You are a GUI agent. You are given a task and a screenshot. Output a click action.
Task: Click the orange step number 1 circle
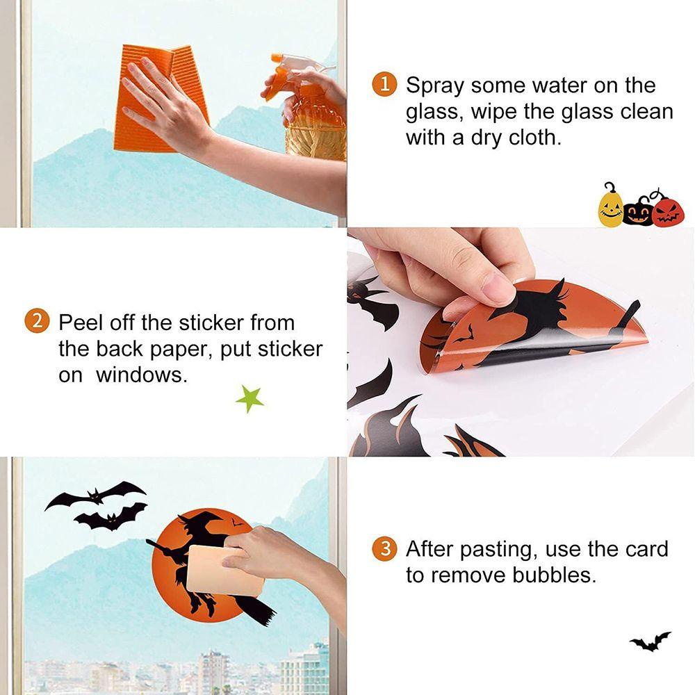click(x=384, y=84)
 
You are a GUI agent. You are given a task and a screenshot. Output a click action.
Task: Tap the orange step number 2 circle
click(x=36, y=321)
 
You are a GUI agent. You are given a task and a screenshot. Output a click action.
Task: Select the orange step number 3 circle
click(x=384, y=549)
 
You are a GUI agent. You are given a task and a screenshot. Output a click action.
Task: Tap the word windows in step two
click(x=142, y=375)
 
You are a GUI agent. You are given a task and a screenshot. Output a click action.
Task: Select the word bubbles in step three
click(x=555, y=575)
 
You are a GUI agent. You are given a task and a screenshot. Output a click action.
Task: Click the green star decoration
click(x=250, y=398)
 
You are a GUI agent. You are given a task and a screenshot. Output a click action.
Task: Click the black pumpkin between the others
click(x=639, y=211)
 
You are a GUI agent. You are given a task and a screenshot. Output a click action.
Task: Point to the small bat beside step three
click(x=651, y=641)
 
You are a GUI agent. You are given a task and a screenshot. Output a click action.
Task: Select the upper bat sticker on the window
click(x=95, y=495)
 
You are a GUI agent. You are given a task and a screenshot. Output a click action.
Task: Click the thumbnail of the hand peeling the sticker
click(x=521, y=342)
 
